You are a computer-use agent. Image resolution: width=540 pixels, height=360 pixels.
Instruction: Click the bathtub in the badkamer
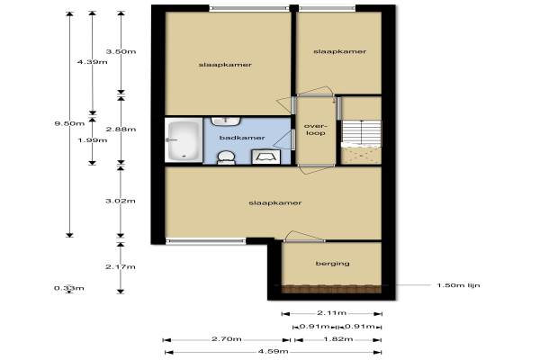(x=184, y=139)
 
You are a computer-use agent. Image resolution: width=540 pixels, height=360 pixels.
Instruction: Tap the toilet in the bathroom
(x=226, y=157)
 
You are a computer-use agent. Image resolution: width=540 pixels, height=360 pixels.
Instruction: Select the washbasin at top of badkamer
(x=226, y=121)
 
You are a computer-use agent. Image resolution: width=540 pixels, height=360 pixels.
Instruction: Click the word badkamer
(x=242, y=138)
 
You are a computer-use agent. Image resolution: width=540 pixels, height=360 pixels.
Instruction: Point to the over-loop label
(x=316, y=130)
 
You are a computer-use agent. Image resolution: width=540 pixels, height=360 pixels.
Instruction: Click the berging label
(x=332, y=264)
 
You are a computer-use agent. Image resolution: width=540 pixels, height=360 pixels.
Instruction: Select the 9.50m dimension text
(x=69, y=123)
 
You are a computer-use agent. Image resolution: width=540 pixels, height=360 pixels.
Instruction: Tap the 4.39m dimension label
(x=93, y=62)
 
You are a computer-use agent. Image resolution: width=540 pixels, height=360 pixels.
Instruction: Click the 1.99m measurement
(x=93, y=140)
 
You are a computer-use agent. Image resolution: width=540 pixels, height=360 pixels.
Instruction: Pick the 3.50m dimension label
(x=121, y=51)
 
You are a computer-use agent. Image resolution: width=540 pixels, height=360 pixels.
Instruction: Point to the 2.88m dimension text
(x=121, y=130)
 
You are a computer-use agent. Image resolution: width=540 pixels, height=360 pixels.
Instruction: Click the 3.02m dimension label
(x=121, y=201)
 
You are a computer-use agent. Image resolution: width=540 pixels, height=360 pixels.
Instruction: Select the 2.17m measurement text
(x=121, y=266)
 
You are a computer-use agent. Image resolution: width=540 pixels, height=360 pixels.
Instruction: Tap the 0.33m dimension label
(x=69, y=288)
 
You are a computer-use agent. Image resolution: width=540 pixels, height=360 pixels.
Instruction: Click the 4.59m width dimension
(x=273, y=352)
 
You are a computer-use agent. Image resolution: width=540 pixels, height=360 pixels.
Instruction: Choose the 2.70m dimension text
(x=227, y=339)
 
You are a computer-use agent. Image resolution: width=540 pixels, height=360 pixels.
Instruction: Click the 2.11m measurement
(x=331, y=313)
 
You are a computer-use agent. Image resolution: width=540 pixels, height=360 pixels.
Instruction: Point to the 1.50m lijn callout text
(x=458, y=285)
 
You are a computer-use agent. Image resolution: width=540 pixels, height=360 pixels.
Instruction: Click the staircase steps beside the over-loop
(x=361, y=133)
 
